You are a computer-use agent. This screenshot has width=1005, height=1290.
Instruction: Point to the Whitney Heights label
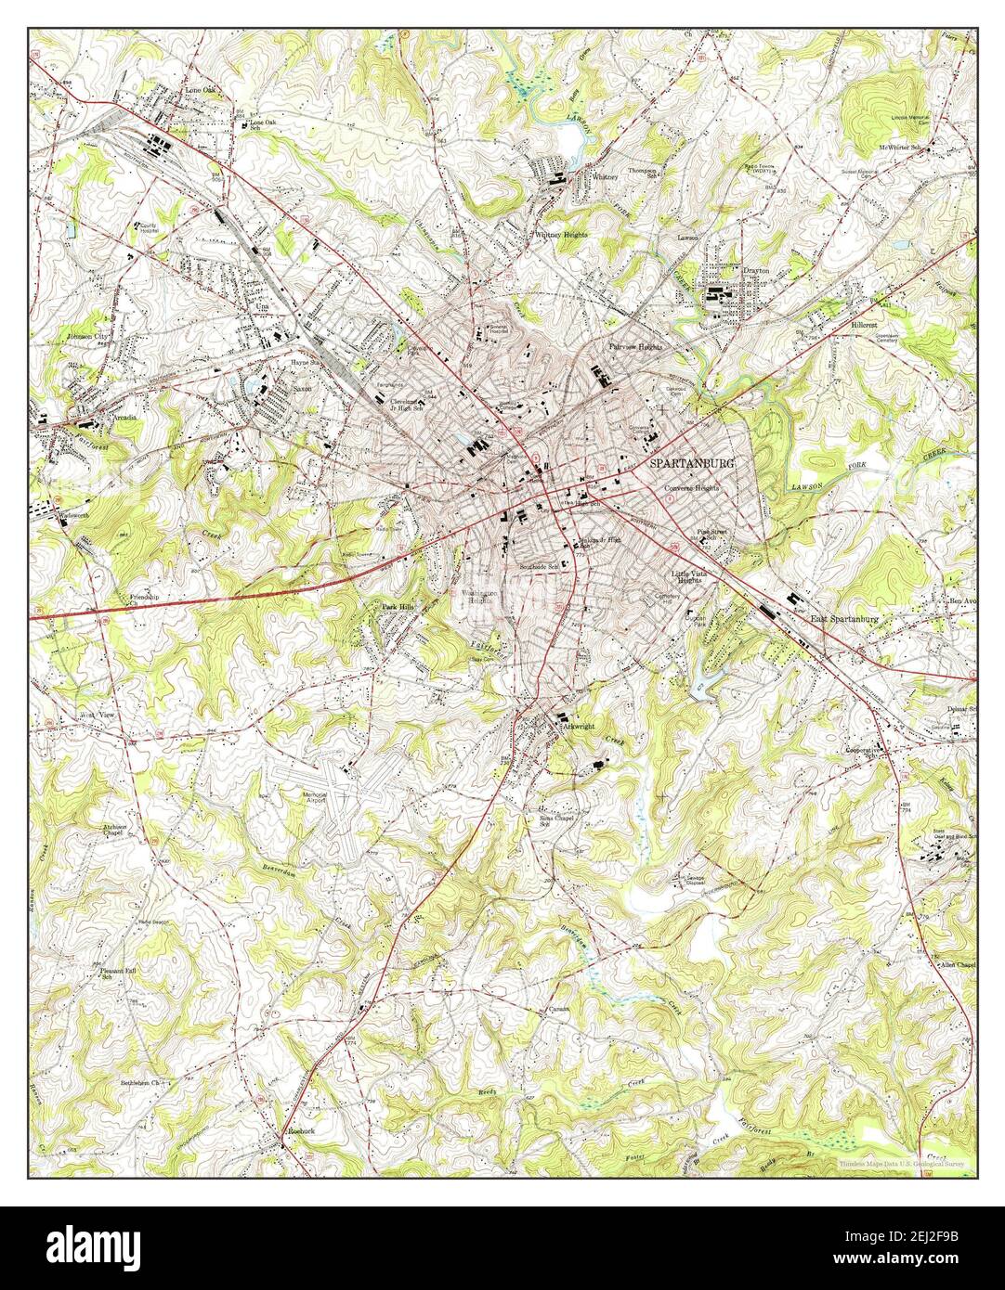[561, 235]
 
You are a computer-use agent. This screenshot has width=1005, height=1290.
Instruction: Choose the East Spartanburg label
[844, 618]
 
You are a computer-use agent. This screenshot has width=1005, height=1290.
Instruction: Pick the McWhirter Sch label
[904, 148]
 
